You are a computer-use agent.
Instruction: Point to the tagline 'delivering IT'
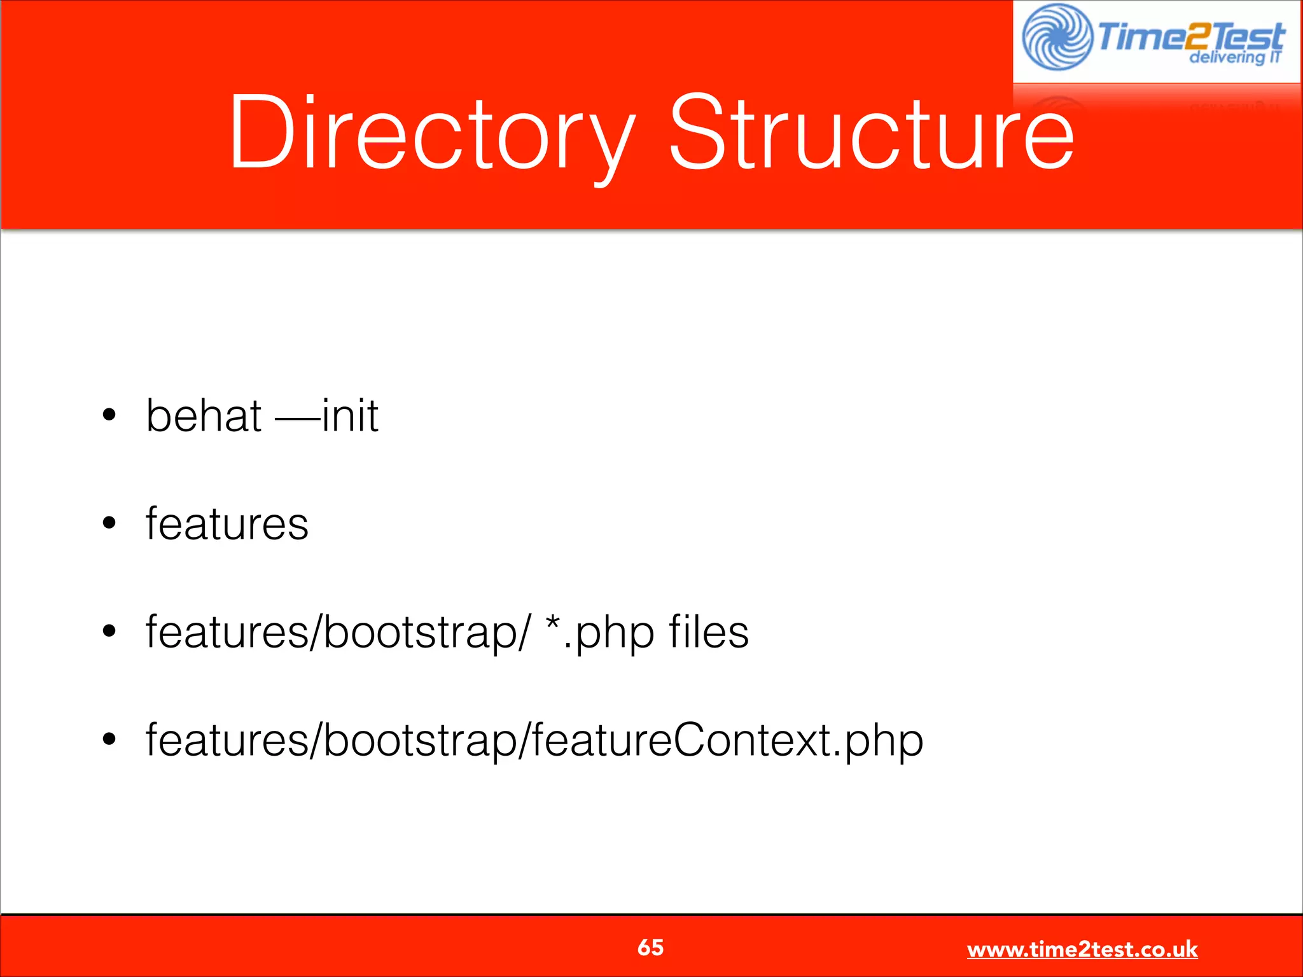(x=1234, y=57)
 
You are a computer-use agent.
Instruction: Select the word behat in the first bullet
(x=204, y=416)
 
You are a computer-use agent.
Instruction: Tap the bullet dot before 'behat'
(x=109, y=415)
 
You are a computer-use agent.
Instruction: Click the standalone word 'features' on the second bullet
(x=227, y=524)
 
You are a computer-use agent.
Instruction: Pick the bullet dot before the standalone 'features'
(x=109, y=523)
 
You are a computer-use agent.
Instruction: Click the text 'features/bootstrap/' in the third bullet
(x=337, y=632)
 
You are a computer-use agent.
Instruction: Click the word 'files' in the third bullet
(x=709, y=632)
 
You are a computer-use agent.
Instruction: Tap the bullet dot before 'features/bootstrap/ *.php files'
(x=109, y=632)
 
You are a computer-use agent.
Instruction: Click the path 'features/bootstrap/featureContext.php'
(x=534, y=740)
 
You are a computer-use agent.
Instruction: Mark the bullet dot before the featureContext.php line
(x=109, y=740)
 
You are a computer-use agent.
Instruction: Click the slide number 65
(x=650, y=948)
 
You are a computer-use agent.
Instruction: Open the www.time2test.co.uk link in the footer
(x=1082, y=950)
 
